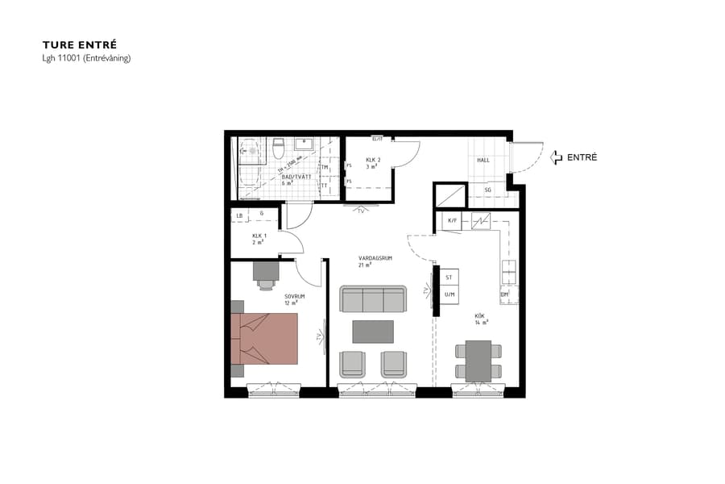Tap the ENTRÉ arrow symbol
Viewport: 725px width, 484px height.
(x=556, y=158)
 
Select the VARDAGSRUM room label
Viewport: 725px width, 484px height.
(x=375, y=258)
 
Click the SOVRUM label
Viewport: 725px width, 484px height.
(x=296, y=296)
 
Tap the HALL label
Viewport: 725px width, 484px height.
(x=483, y=161)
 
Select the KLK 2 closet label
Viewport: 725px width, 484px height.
(x=372, y=161)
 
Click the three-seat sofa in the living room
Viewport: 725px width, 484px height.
(x=373, y=299)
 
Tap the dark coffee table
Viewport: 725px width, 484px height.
(x=373, y=332)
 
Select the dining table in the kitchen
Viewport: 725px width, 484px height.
(x=478, y=361)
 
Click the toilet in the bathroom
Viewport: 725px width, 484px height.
(x=278, y=148)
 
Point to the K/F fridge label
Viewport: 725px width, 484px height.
(x=452, y=219)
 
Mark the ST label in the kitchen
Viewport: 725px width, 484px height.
(x=449, y=277)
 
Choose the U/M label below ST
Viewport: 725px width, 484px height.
(x=449, y=294)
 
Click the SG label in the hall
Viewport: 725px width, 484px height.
(x=487, y=190)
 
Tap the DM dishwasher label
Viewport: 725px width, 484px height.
(x=505, y=294)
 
